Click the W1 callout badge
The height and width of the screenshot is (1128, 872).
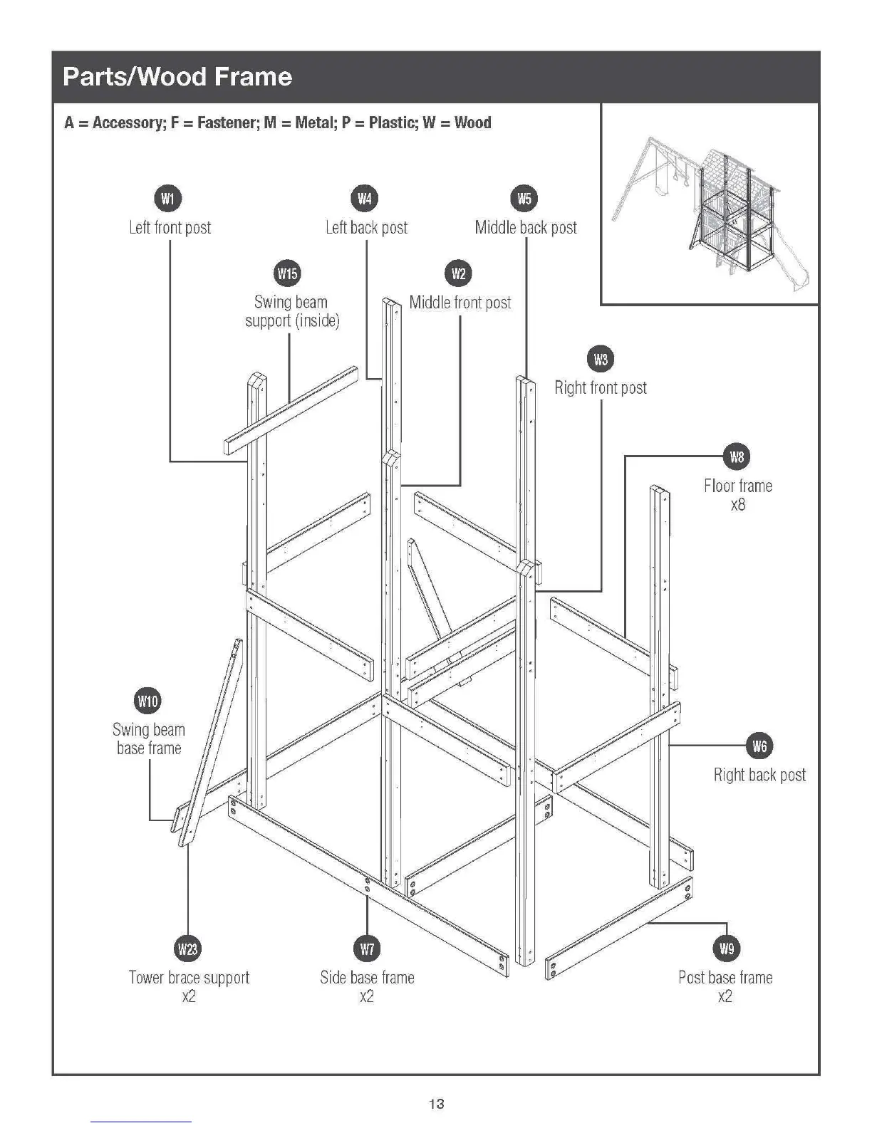click(167, 198)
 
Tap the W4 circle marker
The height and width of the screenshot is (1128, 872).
click(365, 198)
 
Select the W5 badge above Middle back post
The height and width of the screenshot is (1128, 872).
click(525, 198)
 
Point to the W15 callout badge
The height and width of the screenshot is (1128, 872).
click(287, 273)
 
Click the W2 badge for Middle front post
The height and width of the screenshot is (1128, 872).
click(459, 273)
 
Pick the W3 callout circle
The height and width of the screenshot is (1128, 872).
click(601, 359)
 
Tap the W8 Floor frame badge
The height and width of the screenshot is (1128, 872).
click(737, 456)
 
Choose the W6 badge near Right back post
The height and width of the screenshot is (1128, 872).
click(759, 746)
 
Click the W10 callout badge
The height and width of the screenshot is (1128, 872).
click(147, 701)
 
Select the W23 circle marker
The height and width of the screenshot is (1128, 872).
click(188, 948)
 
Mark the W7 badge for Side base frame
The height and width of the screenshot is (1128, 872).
click(367, 948)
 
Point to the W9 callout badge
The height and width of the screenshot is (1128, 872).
click(726, 948)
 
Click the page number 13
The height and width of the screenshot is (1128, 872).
click(436, 1104)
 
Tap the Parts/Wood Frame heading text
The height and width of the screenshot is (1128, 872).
click(177, 77)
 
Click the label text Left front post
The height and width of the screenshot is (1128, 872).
click(170, 228)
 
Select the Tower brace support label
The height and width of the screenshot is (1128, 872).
click(189, 978)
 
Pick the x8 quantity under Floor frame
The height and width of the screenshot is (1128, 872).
click(737, 505)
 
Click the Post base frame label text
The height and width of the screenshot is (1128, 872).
click(725, 978)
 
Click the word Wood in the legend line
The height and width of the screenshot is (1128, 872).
click(472, 122)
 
